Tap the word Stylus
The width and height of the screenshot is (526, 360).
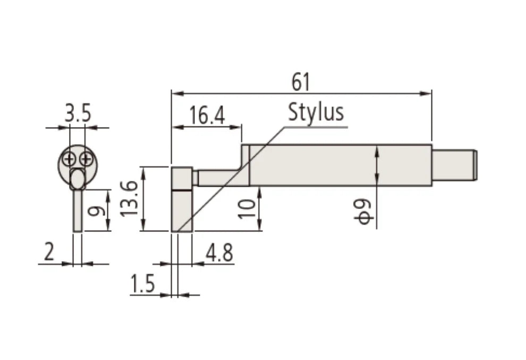tap(316, 112)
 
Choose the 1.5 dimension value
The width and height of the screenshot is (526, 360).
tap(142, 284)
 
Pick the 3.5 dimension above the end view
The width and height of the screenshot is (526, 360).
tap(78, 114)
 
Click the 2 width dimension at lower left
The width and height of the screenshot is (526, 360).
tap(49, 253)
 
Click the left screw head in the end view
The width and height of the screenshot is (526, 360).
tap(69, 158)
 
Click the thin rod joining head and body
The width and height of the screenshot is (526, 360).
tap(219, 178)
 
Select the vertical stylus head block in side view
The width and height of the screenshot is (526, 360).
tap(182, 199)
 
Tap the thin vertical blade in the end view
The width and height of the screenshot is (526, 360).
tap(78, 211)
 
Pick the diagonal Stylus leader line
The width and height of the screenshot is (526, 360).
tap(228, 181)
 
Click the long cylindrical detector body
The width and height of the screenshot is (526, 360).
tap(340, 165)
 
